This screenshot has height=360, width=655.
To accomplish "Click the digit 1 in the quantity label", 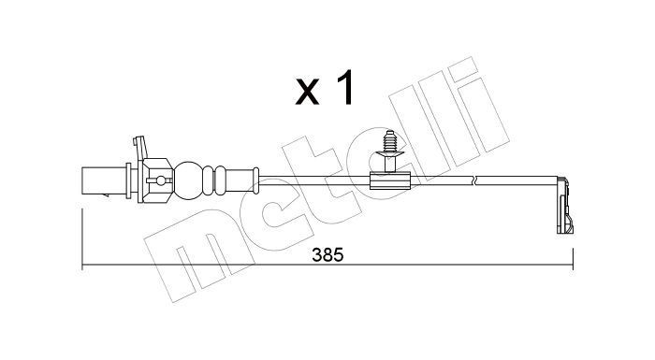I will (345, 90).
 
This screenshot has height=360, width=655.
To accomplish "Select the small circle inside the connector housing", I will (160, 178).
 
